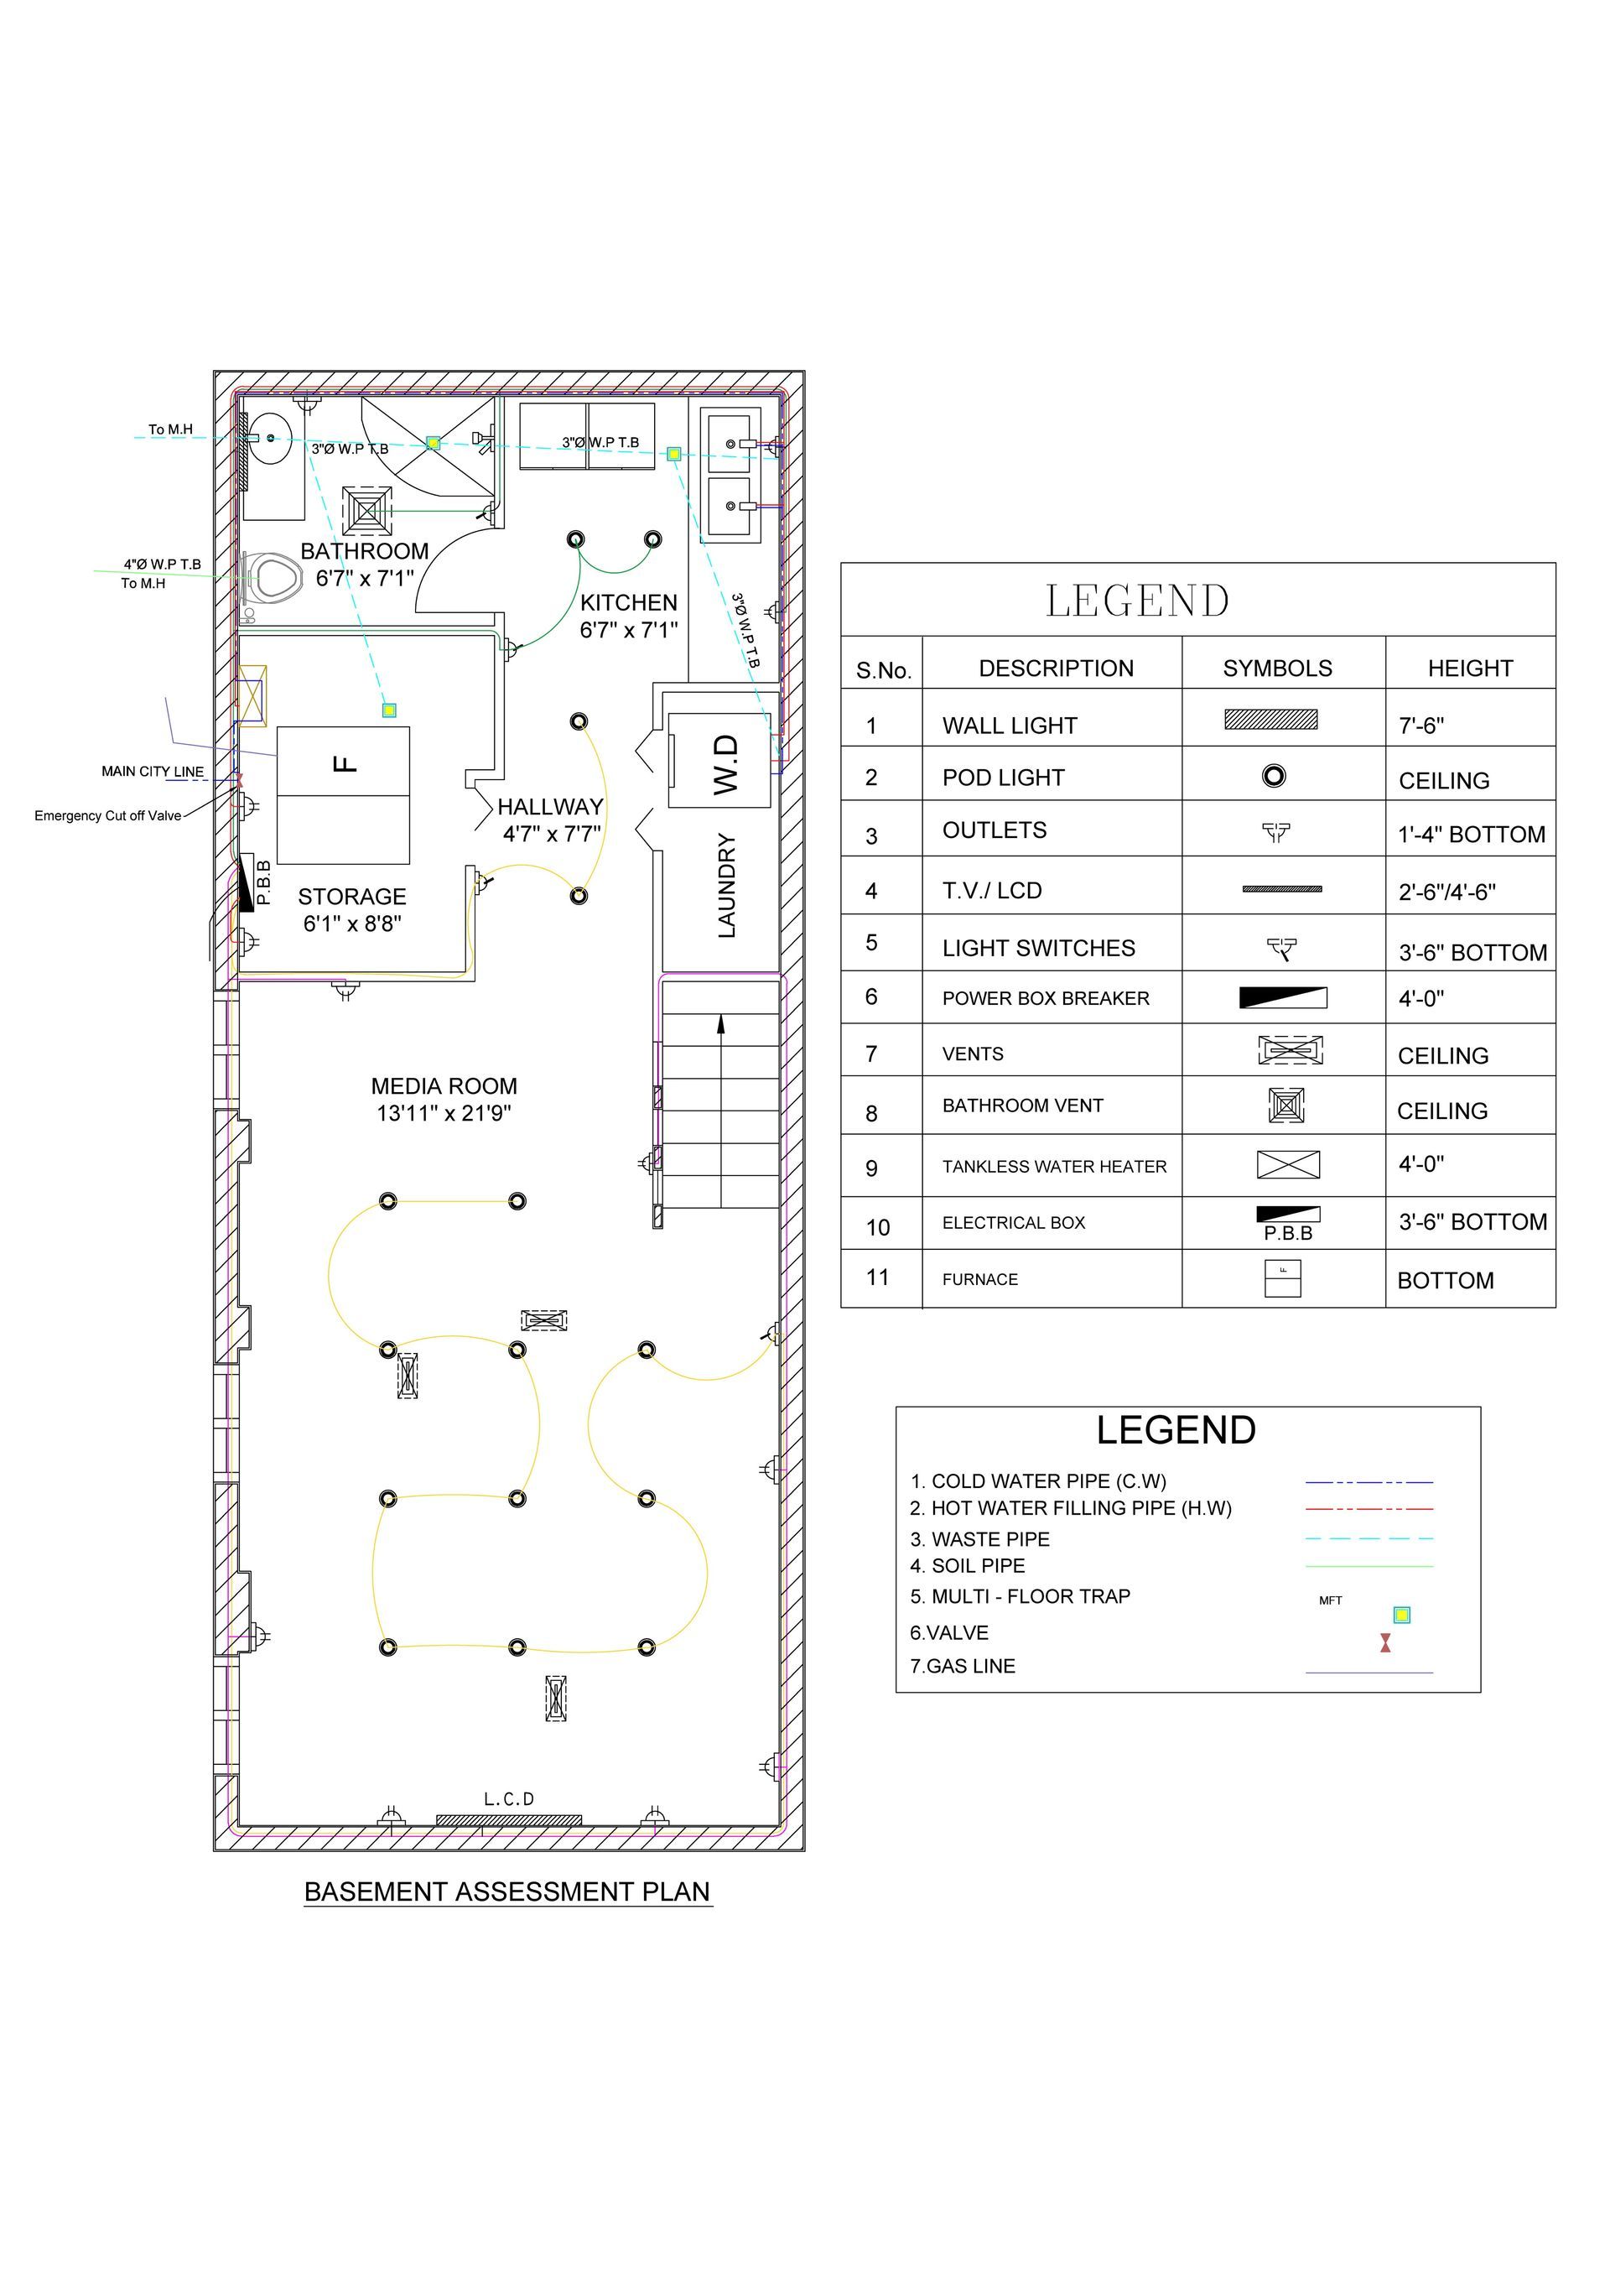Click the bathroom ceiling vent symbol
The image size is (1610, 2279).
click(367, 511)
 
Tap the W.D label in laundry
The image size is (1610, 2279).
click(725, 763)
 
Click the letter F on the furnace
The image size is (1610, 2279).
click(344, 763)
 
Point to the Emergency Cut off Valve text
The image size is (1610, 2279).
click(108, 815)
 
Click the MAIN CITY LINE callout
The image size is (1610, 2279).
click(152, 771)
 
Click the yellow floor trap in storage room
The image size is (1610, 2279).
click(389, 710)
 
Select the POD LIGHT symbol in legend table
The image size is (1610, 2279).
click(1274, 775)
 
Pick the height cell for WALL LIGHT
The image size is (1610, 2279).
click(1421, 726)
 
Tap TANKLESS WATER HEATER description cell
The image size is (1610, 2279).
click(1054, 1166)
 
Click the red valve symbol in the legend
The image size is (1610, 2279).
click(1384, 1644)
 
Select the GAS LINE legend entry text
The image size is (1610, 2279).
click(963, 1666)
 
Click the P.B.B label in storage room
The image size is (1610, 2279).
click(263, 882)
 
